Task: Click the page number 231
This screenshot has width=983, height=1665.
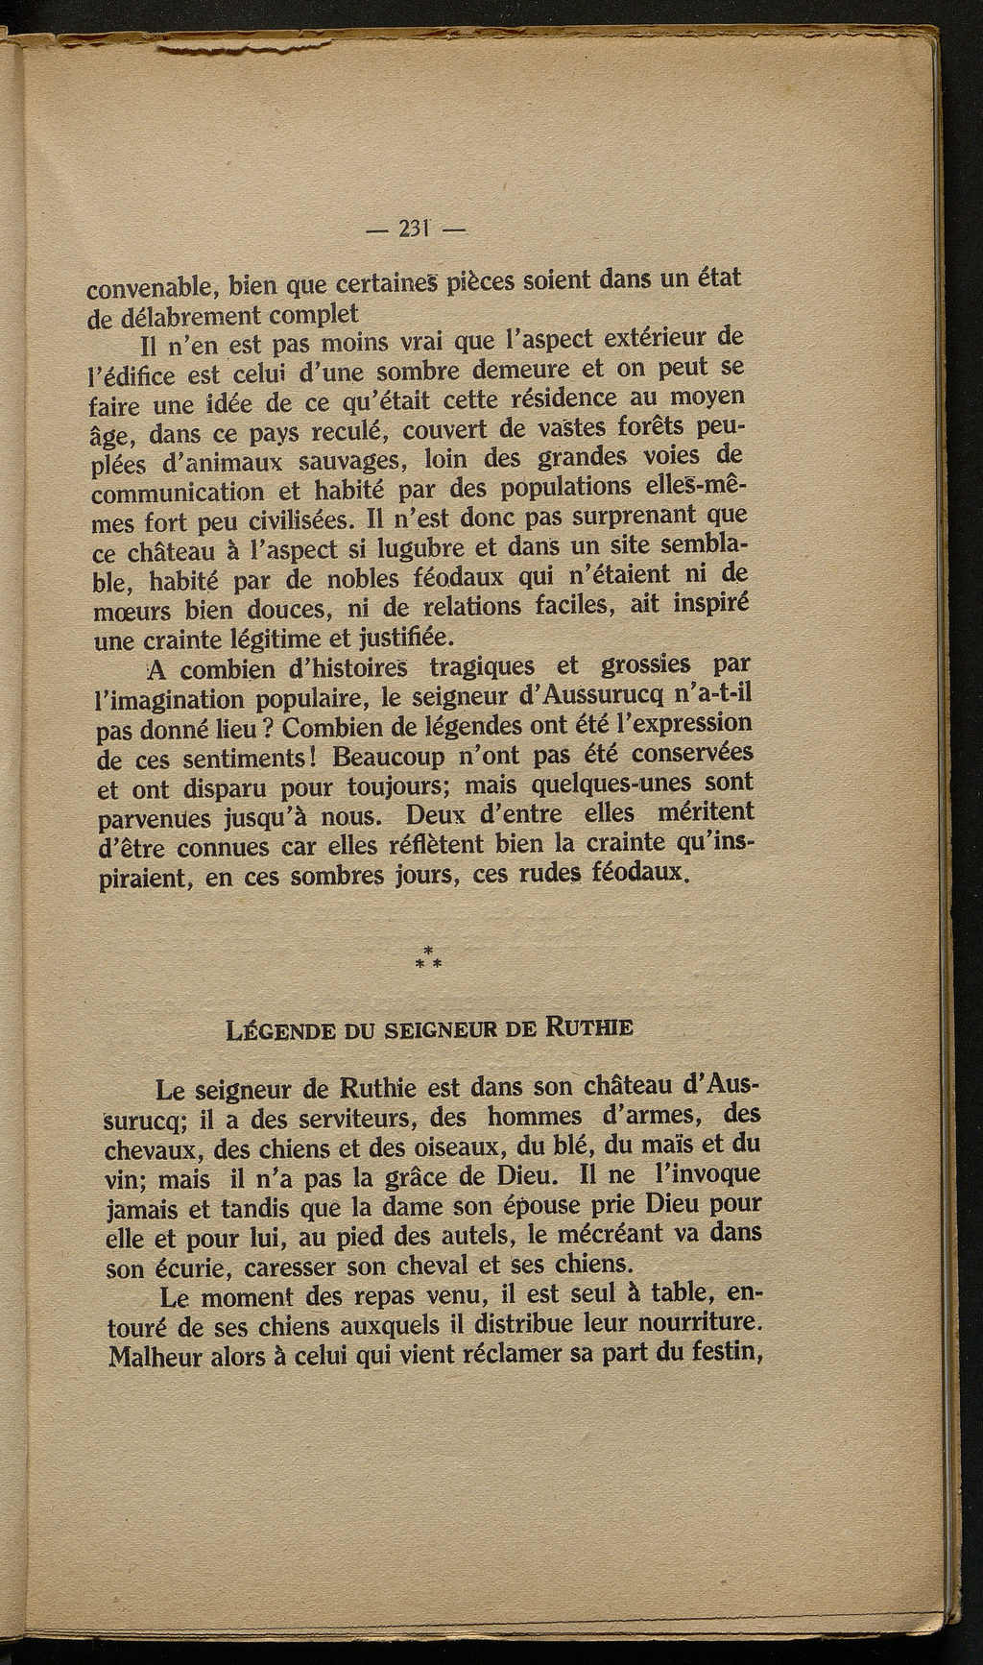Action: click(x=416, y=229)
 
